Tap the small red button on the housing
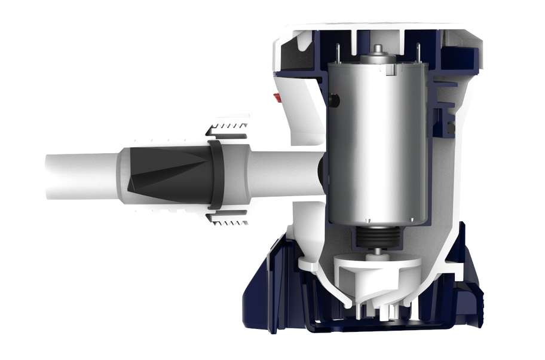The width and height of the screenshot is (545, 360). pos(277,97)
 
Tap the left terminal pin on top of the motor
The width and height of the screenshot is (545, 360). pos(338,51)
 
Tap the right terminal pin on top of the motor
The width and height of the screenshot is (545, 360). pos(418,51)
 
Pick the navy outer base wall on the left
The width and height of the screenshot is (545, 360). pos(263,281)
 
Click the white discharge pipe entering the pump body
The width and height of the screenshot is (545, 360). pos(281,173)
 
